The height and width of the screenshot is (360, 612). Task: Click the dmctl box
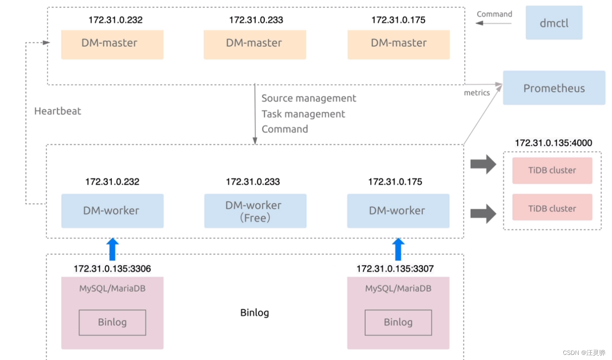tap(554, 23)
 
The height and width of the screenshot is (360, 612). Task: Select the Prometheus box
tap(554, 88)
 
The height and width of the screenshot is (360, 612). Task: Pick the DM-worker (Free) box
tap(255, 211)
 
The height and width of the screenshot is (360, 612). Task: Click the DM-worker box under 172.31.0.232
tap(112, 211)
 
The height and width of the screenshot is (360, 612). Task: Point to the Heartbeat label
tap(58, 111)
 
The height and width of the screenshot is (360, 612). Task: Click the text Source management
tap(309, 98)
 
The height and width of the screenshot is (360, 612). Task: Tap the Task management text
tap(303, 114)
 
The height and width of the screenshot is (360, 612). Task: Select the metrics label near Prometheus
tap(477, 93)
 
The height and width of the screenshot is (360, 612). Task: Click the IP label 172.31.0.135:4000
tap(553, 143)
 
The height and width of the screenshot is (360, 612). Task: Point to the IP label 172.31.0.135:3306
tap(112, 269)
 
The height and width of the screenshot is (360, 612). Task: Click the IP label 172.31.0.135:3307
tap(395, 269)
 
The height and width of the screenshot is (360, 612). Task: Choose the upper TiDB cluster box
tap(552, 171)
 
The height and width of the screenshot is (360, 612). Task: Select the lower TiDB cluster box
tap(552, 208)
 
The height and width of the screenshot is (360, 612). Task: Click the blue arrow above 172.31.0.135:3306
tap(112, 249)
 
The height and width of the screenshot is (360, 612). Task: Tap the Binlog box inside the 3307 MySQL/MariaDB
tap(398, 322)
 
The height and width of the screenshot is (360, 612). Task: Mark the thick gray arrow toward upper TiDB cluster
tap(483, 164)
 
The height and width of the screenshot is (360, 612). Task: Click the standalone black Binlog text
tap(254, 313)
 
